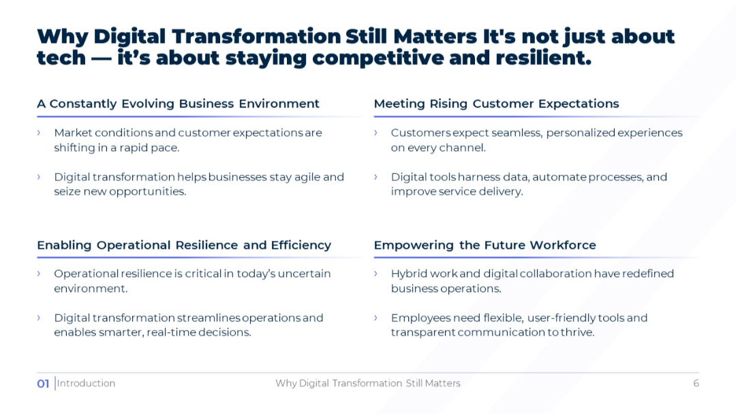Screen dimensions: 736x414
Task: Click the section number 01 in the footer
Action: point(43,383)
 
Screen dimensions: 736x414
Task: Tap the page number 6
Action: point(696,383)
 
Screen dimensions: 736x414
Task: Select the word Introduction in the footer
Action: point(86,383)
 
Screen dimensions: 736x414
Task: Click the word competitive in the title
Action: point(378,58)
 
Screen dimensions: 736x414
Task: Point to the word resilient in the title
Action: point(544,58)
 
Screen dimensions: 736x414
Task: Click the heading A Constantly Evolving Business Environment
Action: point(179,103)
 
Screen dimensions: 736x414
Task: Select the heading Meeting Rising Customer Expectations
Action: point(497,103)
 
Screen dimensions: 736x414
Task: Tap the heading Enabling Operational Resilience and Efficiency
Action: point(184,245)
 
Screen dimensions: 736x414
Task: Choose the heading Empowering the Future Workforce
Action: point(485,245)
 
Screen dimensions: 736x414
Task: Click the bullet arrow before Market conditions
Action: point(39,133)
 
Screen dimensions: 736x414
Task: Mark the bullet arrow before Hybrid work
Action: point(376,273)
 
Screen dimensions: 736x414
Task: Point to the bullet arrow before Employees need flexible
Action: point(376,317)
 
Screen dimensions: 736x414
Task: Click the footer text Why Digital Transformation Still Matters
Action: point(368,383)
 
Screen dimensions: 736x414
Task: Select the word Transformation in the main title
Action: point(256,37)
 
